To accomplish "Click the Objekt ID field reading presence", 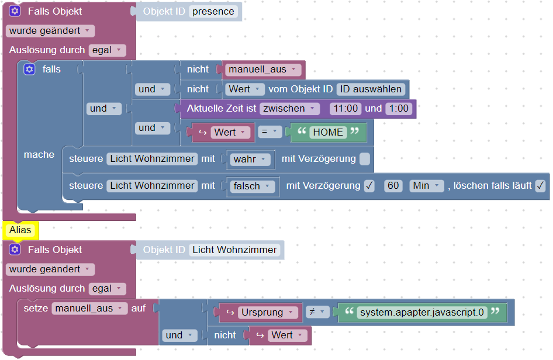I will click(x=213, y=12).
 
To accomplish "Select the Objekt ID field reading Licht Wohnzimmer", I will click(x=234, y=250).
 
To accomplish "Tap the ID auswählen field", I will click(x=371, y=89).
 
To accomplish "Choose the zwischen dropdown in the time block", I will click(x=290, y=109).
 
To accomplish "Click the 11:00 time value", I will click(x=345, y=109).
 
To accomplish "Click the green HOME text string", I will click(x=328, y=133).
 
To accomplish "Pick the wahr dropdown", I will click(x=250, y=159).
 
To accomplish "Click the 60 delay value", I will click(x=393, y=186).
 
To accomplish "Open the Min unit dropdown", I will click(x=426, y=186).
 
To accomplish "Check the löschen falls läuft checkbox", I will click(x=540, y=186).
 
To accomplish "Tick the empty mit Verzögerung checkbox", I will click(x=365, y=159).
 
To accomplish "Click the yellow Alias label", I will click(x=20, y=230).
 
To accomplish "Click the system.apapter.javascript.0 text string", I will click(x=422, y=313).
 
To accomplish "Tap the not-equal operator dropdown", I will click(x=316, y=313).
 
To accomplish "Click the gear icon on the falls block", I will click(x=29, y=70).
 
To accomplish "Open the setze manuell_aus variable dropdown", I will click(x=89, y=308).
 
